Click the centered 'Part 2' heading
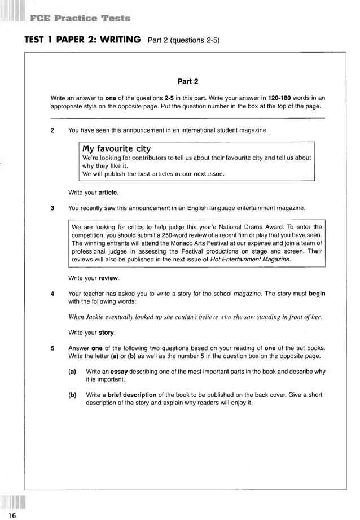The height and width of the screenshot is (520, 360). [187, 81]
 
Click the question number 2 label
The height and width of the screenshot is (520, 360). [52, 130]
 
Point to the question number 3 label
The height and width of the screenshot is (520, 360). [52, 208]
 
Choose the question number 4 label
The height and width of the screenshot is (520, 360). [52, 294]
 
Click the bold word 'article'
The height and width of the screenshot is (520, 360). [108, 193]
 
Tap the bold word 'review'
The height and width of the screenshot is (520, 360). [108, 278]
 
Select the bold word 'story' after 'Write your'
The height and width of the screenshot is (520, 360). [107, 332]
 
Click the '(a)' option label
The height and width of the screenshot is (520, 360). [72, 372]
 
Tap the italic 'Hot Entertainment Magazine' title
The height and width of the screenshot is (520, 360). [250, 259]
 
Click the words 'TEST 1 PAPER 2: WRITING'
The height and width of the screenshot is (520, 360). [82, 40]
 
